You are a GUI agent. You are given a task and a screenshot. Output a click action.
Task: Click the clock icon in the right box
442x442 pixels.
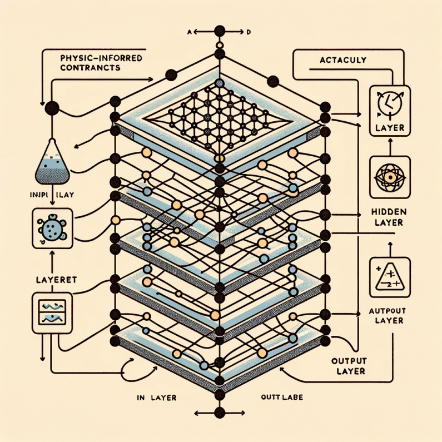(389, 103)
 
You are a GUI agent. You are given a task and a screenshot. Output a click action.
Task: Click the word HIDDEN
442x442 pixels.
(389, 212)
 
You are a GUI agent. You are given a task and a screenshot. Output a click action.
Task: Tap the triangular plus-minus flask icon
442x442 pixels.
(389, 275)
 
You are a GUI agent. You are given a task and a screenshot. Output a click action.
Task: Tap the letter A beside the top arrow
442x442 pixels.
(188, 32)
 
